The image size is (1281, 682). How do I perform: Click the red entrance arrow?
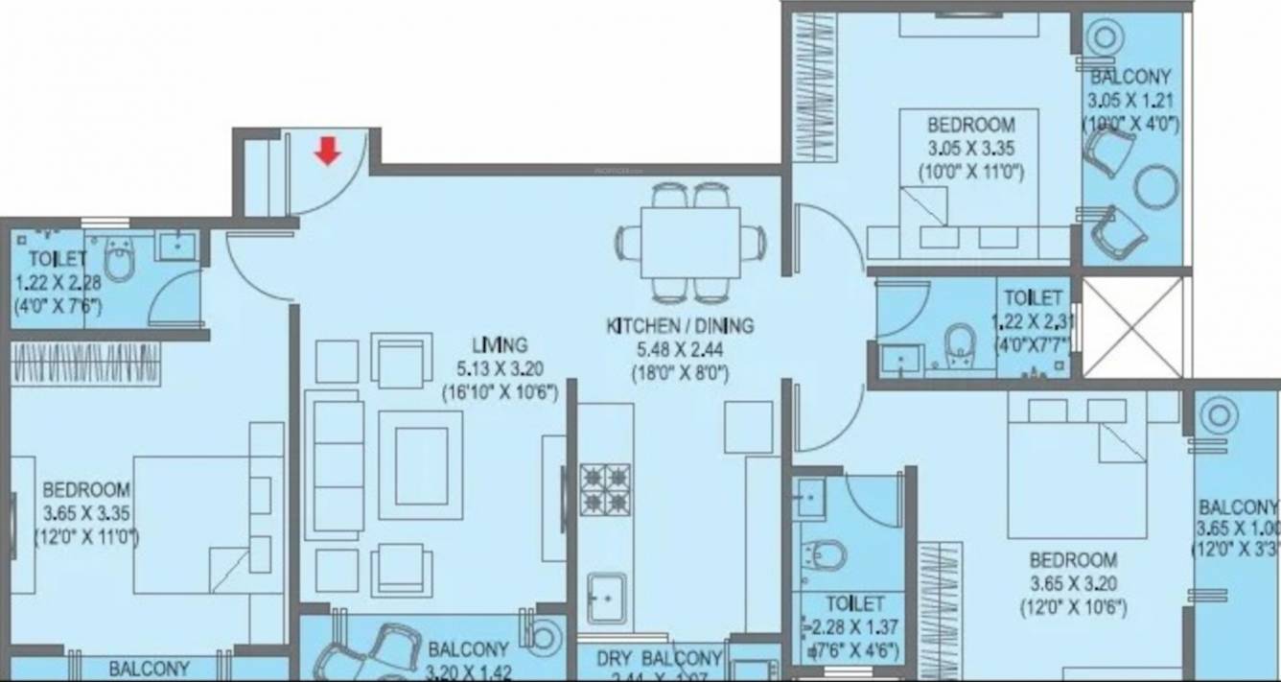328,151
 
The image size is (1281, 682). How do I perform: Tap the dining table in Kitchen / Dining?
690,242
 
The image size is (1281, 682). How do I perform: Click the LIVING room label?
499,344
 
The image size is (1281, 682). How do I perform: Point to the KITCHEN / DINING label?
680,326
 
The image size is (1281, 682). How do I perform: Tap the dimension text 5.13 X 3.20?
499,368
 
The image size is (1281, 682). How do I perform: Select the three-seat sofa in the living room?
335,464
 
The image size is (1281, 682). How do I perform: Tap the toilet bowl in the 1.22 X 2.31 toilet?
959,345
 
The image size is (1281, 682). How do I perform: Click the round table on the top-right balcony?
1155,186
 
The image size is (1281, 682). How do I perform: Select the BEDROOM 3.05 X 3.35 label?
970,125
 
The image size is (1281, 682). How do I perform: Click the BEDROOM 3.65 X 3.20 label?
1073,559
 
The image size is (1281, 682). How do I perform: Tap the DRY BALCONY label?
658,659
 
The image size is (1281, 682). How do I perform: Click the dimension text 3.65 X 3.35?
86,512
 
